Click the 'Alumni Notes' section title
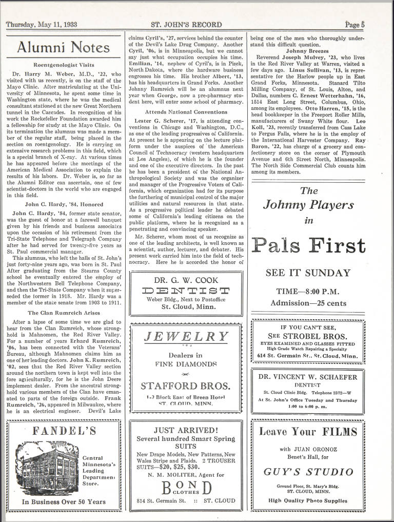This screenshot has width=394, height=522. point(64,48)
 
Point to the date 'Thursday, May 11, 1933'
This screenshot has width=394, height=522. point(42,25)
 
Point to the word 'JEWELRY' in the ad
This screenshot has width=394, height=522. point(186,337)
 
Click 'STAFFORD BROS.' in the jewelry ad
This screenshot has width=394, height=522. point(185,385)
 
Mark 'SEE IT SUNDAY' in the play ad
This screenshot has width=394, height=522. point(308,273)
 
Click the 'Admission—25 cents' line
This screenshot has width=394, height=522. point(308,303)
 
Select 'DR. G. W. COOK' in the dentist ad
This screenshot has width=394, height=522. point(186,280)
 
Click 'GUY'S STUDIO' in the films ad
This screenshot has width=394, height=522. point(308,471)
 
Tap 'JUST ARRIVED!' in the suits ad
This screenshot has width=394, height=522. point(186,430)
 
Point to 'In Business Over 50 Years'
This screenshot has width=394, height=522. point(64,501)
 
